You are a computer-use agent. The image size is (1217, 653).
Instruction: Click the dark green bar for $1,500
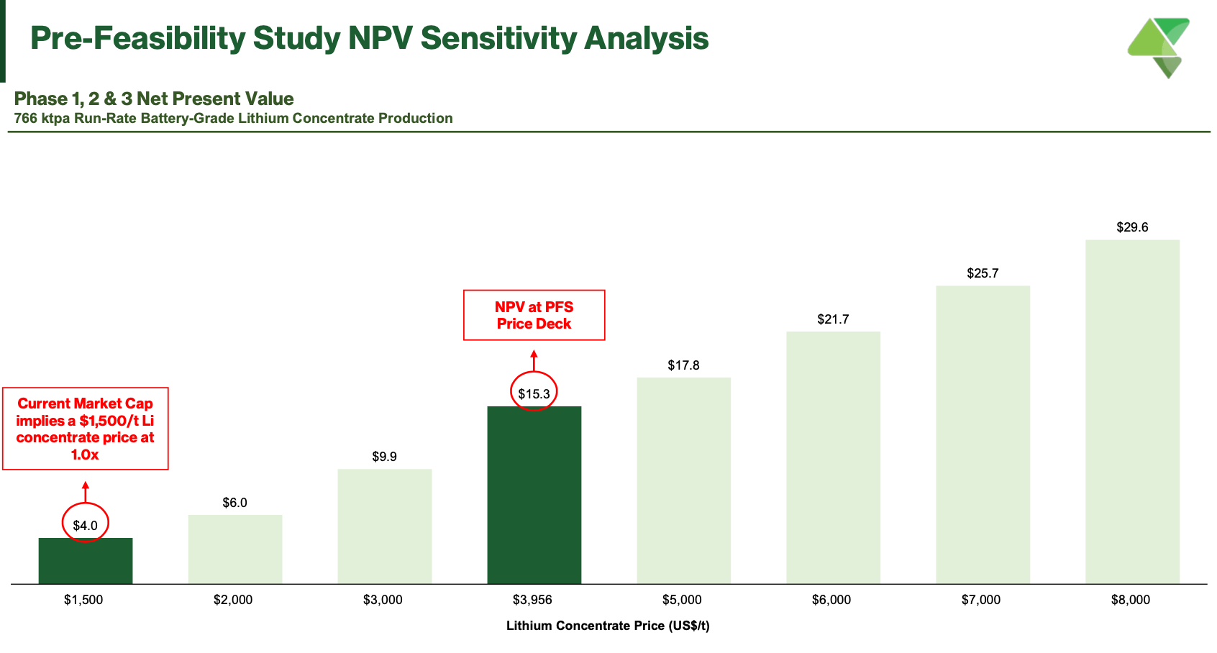[85, 561]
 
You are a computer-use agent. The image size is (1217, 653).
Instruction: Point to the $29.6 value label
[1132, 227]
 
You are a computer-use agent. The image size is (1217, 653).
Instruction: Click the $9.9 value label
[384, 457]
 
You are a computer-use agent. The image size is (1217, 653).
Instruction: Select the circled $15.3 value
[534, 393]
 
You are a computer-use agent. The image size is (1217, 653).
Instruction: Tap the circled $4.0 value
[85, 525]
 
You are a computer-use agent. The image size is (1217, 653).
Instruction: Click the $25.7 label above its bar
[983, 273]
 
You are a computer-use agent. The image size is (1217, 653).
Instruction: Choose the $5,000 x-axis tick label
[682, 600]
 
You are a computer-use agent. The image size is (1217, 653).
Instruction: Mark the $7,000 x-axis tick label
[981, 600]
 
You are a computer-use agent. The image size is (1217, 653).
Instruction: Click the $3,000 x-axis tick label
[383, 600]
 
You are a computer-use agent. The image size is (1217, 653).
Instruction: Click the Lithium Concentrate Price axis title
[608, 626]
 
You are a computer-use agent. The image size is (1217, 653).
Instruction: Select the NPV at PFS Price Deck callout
[534, 315]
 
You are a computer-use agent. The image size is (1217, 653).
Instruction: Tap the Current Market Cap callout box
[85, 429]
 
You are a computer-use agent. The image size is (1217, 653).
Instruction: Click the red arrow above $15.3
[534, 360]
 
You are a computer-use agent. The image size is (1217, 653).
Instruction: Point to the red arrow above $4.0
[85, 491]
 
